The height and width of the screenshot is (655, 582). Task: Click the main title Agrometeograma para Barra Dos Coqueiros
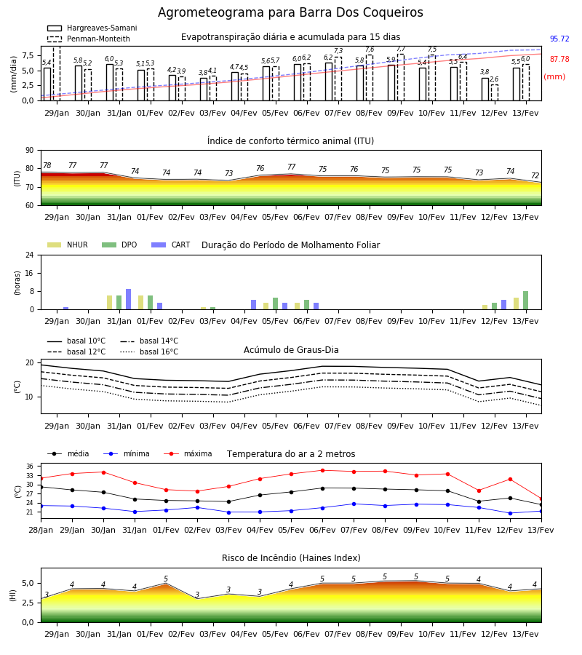tap(290, 12)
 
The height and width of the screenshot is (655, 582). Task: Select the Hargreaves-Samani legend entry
tap(92, 28)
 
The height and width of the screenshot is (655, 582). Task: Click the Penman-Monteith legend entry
tap(89, 39)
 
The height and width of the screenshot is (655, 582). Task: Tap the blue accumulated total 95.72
tap(559, 39)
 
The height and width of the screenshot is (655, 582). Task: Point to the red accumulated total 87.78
tap(559, 60)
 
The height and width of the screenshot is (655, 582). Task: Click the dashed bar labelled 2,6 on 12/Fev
tap(494, 92)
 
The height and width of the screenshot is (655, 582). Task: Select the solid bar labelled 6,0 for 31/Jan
tap(110, 82)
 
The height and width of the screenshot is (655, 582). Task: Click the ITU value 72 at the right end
tap(535, 176)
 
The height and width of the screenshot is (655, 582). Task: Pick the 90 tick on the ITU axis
tap(30, 151)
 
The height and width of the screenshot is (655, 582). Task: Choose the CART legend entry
tap(171, 245)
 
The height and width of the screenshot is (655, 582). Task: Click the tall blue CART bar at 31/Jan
tap(128, 299)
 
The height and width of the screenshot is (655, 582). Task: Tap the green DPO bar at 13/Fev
tap(526, 301)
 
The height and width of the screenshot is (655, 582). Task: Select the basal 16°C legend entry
tap(149, 352)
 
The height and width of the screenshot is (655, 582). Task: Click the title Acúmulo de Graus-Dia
tap(291, 350)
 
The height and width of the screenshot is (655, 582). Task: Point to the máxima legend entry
tap(188, 453)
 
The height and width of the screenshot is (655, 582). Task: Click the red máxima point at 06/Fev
tap(323, 470)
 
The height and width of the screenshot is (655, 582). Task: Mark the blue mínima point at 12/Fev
tap(510, 513)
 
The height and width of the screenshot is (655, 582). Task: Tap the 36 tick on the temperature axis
tap(30, 467)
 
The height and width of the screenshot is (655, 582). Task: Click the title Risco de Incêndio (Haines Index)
tap(291, 558)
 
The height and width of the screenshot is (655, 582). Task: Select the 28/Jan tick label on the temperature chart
tap(41, 530)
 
